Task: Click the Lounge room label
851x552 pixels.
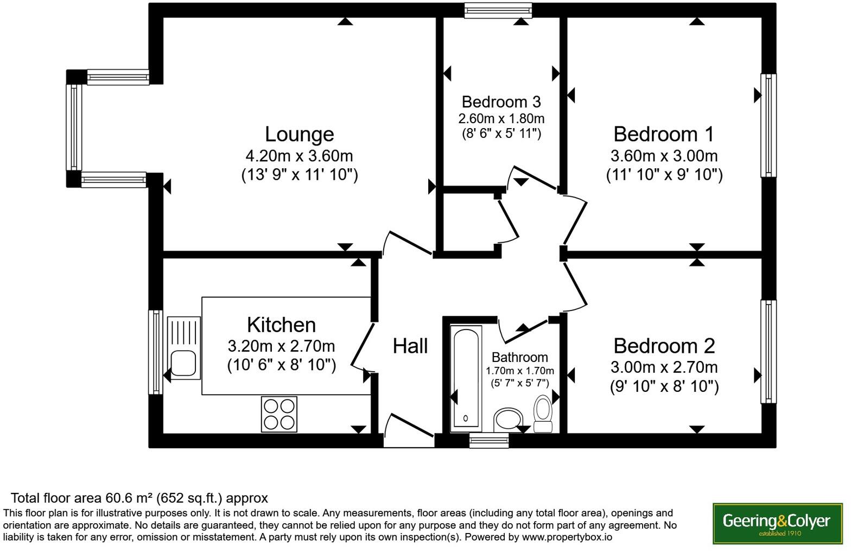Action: [x=299, y=134]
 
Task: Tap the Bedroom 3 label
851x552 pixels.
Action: [x=501, y=102]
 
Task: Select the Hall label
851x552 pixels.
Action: [x=410, y=346]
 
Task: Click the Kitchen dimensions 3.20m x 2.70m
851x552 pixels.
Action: [x=281, y=346]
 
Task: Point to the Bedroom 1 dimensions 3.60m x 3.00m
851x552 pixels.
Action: [x=664, y=156]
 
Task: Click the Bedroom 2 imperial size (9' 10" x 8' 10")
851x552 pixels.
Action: [x=664, y=386]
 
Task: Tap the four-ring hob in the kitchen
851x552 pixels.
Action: [x=279, y=414]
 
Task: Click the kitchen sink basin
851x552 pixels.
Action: [x=183, y=363]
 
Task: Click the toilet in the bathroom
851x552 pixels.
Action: [x=542, y=413]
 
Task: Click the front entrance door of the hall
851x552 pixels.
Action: [x=409, y=431]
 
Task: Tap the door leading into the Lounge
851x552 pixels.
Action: [x=407, y=243]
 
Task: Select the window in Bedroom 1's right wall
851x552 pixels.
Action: [x=768, y=125]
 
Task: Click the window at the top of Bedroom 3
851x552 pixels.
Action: [x=498, y=10]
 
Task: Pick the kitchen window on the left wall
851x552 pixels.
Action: [x=155, y=352]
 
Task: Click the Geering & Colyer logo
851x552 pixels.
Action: [x=777, y=523]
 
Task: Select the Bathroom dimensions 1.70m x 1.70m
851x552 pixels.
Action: [x=519, y=371]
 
